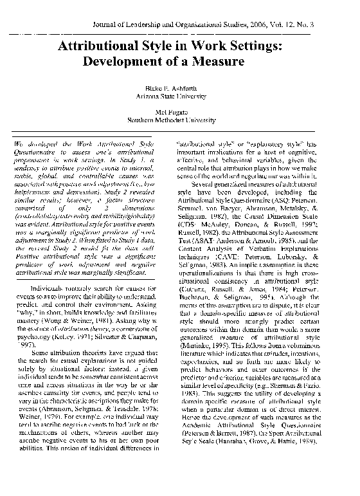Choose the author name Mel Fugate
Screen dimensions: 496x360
(x=179, y=112)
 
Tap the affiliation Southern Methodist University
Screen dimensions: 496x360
(x=179, y=120)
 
